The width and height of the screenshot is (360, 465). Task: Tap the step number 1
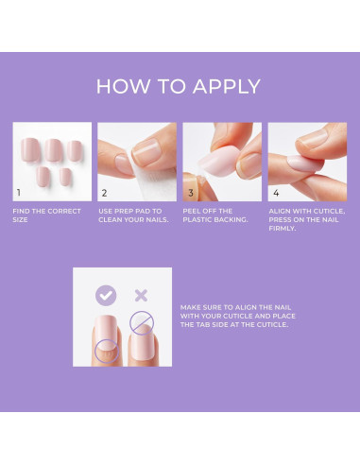[18, 192]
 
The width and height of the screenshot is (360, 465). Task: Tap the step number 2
[104, 192]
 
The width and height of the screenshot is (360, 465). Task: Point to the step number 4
[275, 192]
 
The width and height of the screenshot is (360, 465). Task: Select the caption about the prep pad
[130, 215]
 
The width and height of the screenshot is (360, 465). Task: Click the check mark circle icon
[105, 295]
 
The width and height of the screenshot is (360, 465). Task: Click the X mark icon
[141, 295]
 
